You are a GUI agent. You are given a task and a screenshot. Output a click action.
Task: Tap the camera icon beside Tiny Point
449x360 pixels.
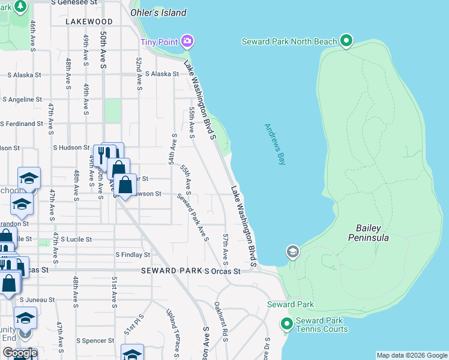pyautogui.click(x=187, y=41)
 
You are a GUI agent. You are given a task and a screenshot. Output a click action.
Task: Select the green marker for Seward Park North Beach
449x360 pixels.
pyautogui.click(x=346, y=41)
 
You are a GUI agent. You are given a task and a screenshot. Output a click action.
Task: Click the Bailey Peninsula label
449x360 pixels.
pyautogui.click(x=368, y=233)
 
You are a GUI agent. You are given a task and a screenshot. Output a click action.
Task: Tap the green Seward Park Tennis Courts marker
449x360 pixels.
pyautogui.click(x=287, y=325)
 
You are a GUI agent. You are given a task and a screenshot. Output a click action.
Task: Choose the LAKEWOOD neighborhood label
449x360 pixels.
pyautogui.click(x=90, y=22)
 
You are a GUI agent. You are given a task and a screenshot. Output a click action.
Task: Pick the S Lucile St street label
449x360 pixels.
pyautogui.click(x=76, y=239)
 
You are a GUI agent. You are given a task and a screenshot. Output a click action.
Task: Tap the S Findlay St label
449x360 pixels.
pyautogui.click(x=133, y=255)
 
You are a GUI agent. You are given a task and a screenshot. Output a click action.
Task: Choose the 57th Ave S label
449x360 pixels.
pyautogui.click(x=226, y=250)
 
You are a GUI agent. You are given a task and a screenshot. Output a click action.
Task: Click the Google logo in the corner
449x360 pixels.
pyautogui.click(x=19, y=353)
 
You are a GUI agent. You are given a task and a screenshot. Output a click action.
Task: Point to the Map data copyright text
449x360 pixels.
pyautogui.click(x=412, y=355)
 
